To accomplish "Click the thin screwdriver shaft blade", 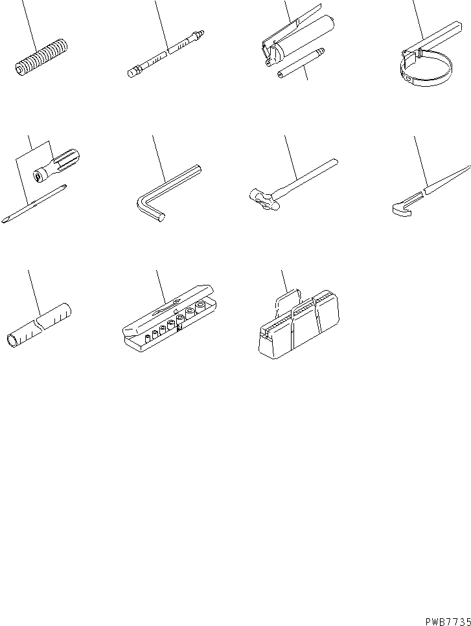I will point(35,203).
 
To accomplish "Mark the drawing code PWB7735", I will point(446,618).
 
